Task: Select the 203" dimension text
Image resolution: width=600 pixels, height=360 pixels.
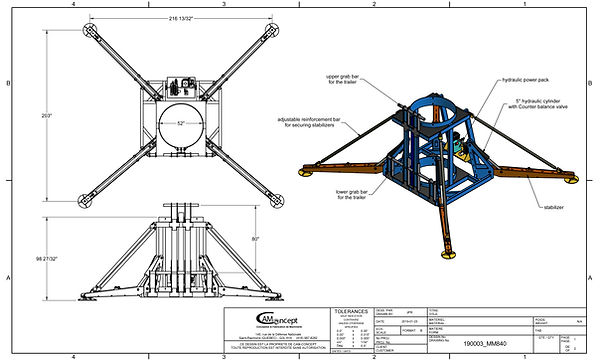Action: (x=46, y=114)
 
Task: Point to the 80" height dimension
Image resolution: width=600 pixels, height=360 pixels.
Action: (x=255, y=239)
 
